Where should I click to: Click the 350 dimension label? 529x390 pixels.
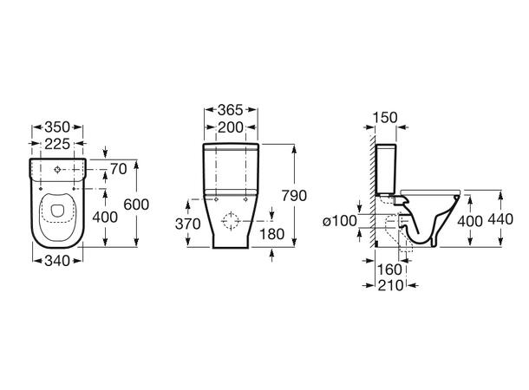(57, 127)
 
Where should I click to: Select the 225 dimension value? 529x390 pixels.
(57, 144)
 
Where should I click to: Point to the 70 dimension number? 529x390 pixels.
(119, 169)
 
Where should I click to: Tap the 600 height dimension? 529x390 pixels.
(136, 205)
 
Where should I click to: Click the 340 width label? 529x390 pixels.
(57, 261)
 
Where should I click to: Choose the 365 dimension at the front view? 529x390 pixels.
(231, 109)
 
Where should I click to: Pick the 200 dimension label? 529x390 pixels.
(231, 127)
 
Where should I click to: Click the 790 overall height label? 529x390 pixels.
(294, 196)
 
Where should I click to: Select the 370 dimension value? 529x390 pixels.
(188, 224)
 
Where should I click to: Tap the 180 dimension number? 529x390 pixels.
(271, 234)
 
